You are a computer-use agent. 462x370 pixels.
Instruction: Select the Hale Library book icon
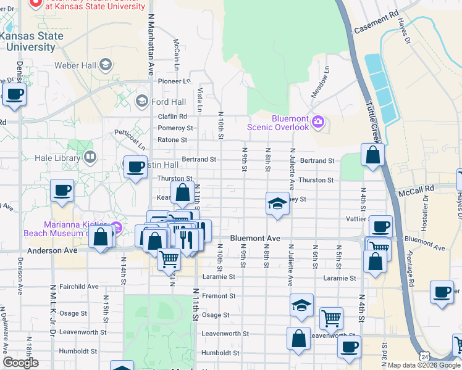[90, 158]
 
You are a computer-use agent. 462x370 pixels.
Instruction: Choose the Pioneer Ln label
[174, 81]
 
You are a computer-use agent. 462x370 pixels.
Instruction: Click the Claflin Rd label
[172, 117]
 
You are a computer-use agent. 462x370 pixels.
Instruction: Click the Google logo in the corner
[21, 363]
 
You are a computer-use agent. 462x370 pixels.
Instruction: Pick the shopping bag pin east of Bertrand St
[372, 155]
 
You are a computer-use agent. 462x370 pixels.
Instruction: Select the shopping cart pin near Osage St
[332, 318]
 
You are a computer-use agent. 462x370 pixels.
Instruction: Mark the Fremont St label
[219, 296]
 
